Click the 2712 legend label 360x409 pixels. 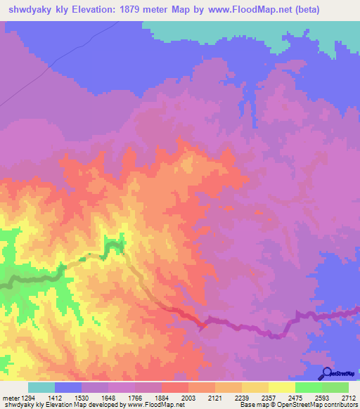(x=349, y=397)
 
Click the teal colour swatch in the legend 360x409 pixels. (x=41, y=387)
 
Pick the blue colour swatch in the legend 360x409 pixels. (x=68, y=387)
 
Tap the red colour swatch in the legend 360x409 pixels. (x=175, y=387)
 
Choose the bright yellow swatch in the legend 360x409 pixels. (x=282, y=387)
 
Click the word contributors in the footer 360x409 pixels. (x=339, y=405)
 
